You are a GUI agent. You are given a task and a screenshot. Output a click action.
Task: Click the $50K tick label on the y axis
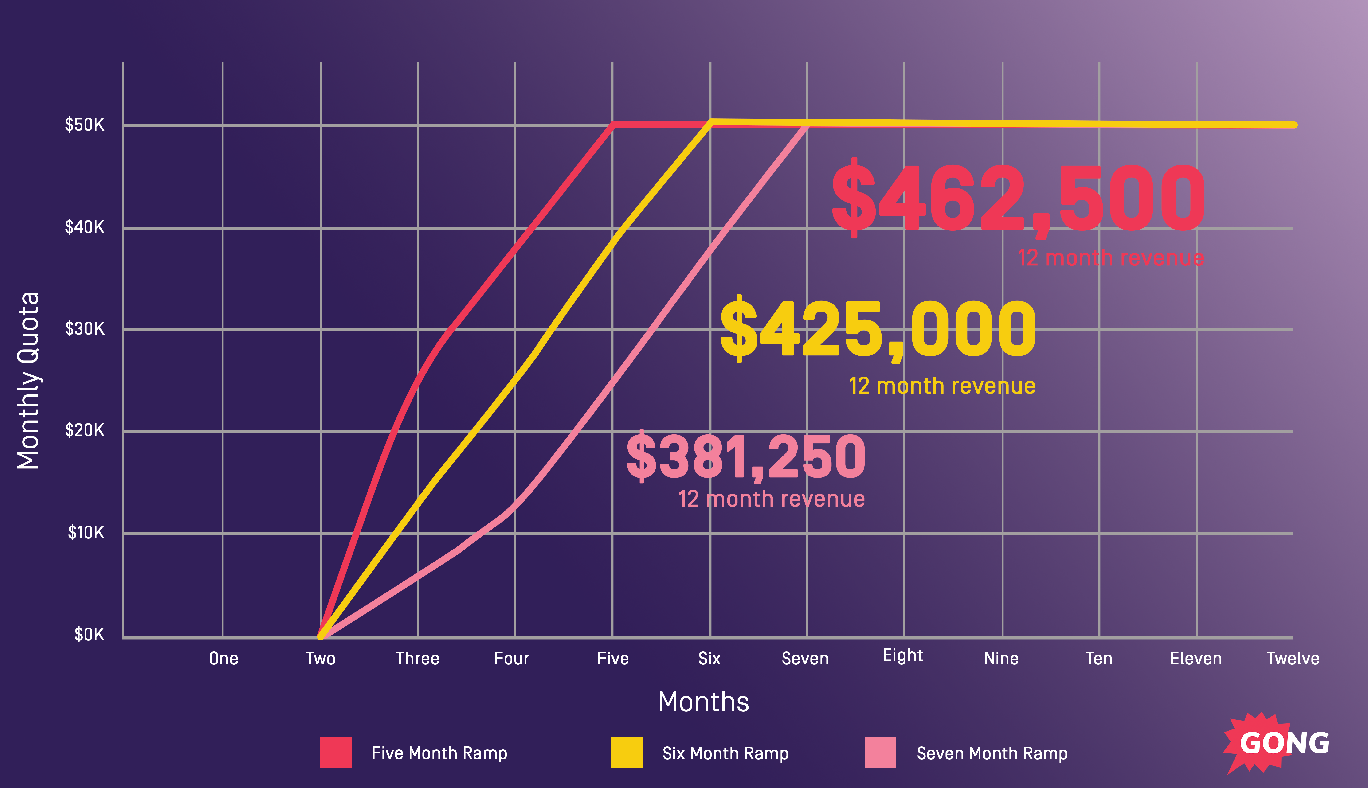pyautogui.click(x=84, y=125)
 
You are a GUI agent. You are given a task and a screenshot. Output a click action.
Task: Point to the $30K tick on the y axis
pyautogui.click(x=84, y=328)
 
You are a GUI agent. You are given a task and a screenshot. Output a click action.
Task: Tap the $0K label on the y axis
pyautogui.click(x=89, y=634)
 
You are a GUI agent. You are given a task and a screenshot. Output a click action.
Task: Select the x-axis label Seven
pyautogui.click(x=805, y=659)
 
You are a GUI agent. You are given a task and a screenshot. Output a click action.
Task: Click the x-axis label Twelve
pyautogui.click(x=1293, y=659)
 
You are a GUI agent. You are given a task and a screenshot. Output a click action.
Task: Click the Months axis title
pyautogui.click(x=703, y=702)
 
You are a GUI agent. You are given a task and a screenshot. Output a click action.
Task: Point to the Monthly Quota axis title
pyautogui.click(x=28, y=380)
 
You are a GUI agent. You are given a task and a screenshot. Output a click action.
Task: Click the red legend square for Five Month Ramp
pyautogui.click(x=336, y=753)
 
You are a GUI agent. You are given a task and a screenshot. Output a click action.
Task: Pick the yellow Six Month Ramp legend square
pyautogui.click(x=627, y=753)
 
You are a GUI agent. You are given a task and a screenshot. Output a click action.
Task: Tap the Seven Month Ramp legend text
pyautogui.click(x=992, y=753)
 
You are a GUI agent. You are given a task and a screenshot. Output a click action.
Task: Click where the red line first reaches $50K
pyautogui.click(x=613, y=124)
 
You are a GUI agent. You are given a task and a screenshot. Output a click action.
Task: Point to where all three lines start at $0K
pyautogui.click(x=321, y=636)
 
